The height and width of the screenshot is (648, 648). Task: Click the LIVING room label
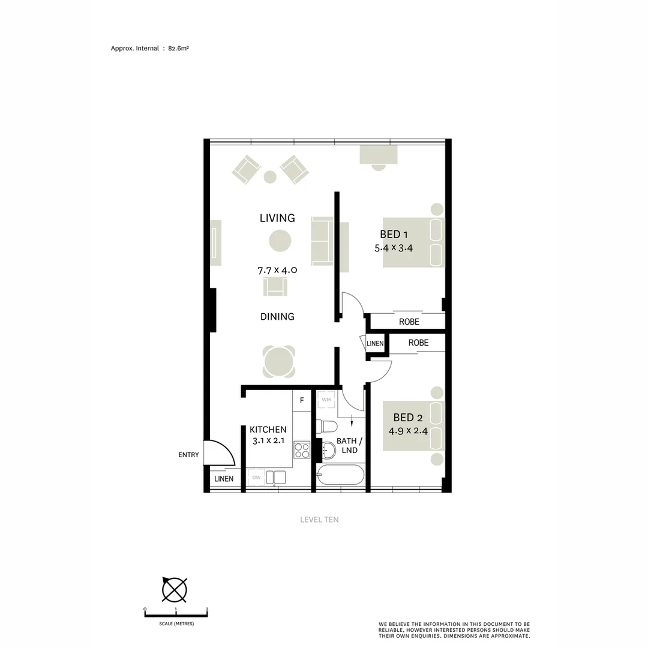[x=277, y=218]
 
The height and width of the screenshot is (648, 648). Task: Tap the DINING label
[x=277, y=316]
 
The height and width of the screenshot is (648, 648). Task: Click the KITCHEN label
[x=268, y=430]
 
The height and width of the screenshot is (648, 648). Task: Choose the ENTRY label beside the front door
[x=188, y=455]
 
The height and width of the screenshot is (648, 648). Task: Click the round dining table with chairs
[x=280, y=361]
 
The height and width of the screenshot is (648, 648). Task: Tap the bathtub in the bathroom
[x=340, y=476]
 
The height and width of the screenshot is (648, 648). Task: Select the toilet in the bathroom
[x=326, y=426]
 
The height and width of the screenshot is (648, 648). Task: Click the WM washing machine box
[x=326, y=400]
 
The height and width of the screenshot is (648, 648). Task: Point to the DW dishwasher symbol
[x=256, y=478]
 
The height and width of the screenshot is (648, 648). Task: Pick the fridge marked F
[x=302, y=400]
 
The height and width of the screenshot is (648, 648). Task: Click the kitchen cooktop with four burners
[x=302, y=450]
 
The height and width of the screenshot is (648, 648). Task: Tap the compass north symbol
[x=174, y=589]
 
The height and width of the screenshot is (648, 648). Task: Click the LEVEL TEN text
[x=319, y=520]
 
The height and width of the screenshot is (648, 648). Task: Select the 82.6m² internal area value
[x=179, y=49]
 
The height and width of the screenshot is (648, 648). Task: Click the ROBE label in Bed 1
[x=409, y=322]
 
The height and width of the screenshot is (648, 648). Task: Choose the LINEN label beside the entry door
[x=224, y=479]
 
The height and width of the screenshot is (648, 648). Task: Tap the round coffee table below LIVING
[x=280, y=241]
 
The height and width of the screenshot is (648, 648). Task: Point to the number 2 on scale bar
[x=206, y=610]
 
